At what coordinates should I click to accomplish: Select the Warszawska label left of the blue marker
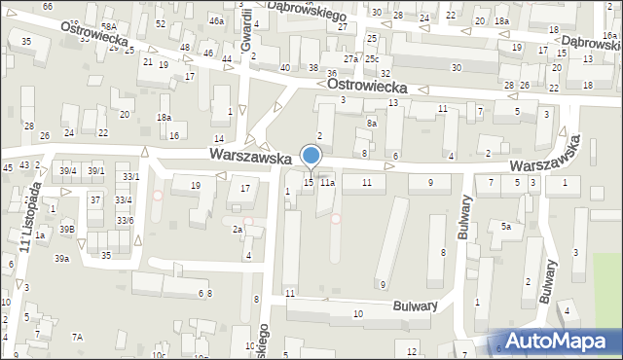(250, 156)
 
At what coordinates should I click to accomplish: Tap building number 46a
(216, 19)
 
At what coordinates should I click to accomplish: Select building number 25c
(373, 60)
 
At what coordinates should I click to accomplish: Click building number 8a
(372, 124)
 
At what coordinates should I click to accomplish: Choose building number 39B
(65, 229)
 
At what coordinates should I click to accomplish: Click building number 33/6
(125, 221)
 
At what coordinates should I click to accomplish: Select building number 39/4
(67, 170)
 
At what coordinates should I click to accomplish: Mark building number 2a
(238, 229)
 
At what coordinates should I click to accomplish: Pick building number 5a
(506, 227)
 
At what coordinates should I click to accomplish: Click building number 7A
(78, 337)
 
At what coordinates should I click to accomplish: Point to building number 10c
(159, 355)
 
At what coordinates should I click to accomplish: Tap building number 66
(48, 7)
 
